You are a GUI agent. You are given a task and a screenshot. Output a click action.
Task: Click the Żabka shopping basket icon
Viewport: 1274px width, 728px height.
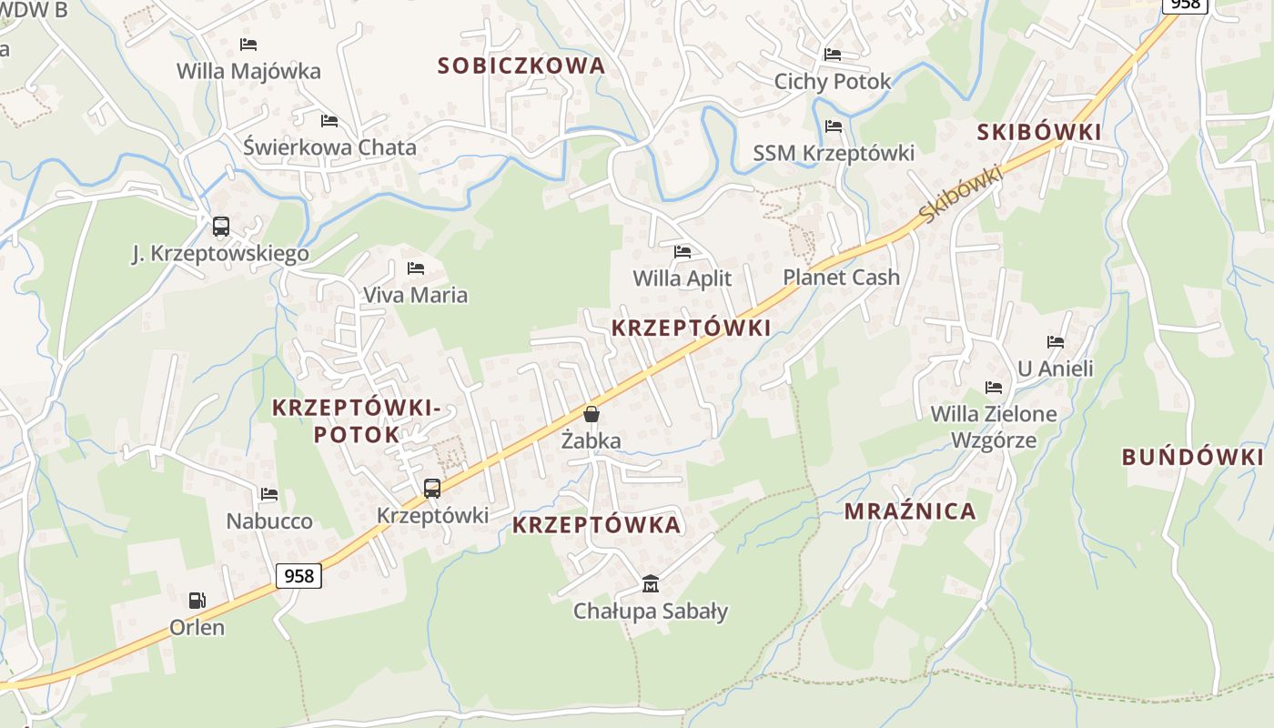pos(591,414)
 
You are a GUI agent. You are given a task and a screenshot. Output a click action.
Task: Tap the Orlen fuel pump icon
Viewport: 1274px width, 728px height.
pos(197,600)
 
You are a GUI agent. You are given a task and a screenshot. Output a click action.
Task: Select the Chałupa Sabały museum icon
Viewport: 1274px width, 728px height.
pos(651,583)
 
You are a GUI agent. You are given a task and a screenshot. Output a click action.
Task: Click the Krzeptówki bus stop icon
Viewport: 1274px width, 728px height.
pos(432,489)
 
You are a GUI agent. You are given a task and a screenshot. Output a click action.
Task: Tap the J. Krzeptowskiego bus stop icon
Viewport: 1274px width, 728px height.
pos(220,227)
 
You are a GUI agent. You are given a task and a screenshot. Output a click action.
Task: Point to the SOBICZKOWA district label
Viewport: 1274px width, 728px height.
pos(521,66)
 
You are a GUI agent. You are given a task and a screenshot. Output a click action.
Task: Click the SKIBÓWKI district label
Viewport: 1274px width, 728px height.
pos(1039,132)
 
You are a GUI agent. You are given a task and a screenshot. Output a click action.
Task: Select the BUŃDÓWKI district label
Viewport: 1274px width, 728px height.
pos(1193,457)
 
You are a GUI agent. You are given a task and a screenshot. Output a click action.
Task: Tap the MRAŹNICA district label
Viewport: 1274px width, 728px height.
pos(910,511)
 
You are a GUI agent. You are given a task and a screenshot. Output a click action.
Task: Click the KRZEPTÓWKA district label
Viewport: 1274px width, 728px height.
pos(596,525)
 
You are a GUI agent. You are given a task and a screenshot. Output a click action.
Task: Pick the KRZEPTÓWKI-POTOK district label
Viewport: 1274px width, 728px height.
pos(357,421)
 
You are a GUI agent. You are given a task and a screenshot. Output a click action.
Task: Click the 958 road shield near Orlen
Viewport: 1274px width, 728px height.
pos(298,575)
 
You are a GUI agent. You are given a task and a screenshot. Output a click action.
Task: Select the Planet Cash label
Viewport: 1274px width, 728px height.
pos(841,278)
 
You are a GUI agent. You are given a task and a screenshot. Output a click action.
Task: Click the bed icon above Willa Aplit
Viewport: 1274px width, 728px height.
pos(682,252)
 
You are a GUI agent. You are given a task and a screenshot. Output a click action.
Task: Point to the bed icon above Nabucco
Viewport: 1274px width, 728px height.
pos(269,494)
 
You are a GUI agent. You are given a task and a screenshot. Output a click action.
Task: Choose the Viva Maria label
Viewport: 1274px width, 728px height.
pos(415,295)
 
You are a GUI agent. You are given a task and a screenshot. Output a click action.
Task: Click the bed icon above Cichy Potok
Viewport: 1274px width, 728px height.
pos(833,55)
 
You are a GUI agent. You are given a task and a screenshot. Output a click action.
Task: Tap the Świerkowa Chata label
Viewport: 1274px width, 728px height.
pos(329,147)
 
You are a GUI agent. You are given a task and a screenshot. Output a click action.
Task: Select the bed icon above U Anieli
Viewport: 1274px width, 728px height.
pos(1056,342)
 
